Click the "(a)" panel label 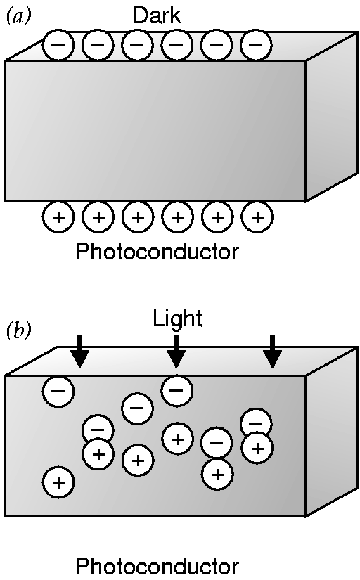point(19,17)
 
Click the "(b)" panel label point(19,331)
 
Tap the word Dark point(157,16)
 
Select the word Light point(178,318)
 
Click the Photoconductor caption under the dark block point(157,252)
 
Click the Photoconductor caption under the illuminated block point(157,566)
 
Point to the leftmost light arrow point(80,352)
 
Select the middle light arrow point(176,352)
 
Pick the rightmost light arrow point(273,352)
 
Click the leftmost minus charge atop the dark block point(58,44)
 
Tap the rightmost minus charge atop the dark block point(256,44)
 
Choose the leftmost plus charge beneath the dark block point(58,217)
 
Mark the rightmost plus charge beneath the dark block point(257,217)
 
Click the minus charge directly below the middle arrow point(177,390)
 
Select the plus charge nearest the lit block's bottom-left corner point(58,483)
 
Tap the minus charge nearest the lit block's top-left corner point(58,391)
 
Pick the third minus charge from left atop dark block point(137,44)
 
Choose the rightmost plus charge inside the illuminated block point(257,449)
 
